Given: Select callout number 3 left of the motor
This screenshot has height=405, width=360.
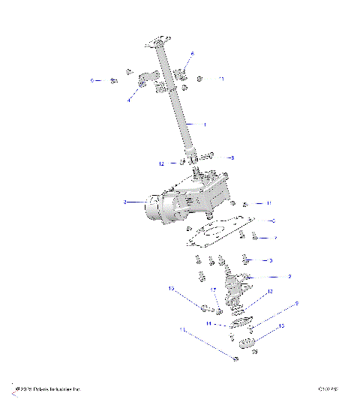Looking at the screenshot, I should tap(124, 202).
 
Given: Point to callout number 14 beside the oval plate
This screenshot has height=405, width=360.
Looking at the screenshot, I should tap(209, 324).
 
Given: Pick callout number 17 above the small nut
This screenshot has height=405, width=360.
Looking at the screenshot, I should tap(213, 290).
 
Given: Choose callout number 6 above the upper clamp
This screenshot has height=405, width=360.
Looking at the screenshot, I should tap(192, 54).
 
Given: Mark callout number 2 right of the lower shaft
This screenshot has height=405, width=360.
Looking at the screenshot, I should tap(289, 276).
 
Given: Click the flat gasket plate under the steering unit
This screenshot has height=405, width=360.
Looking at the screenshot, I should tap(217, 232).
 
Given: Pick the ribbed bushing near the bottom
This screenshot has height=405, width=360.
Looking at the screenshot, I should tap(249, 344).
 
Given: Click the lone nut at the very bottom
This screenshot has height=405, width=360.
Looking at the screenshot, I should tap(236, 359).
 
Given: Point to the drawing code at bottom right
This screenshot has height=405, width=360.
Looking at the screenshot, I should tap(328, 389).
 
